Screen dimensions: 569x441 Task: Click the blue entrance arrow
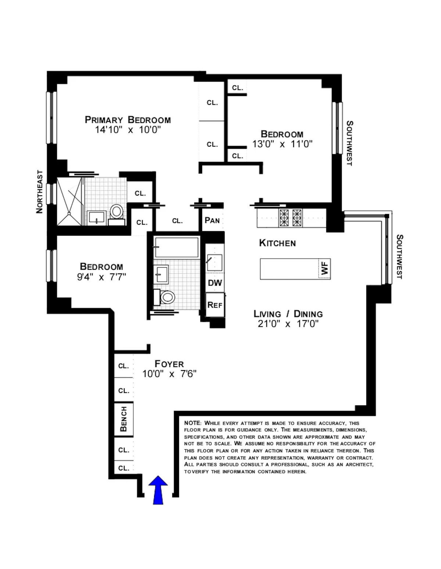[x=158, y=489]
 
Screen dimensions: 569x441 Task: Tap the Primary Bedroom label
[x=128, y=120]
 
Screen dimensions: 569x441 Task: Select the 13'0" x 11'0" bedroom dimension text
[x=282, y=144]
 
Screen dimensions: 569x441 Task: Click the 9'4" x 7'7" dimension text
[x=101, y=277]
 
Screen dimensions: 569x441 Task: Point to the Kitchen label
[x=277, y=243]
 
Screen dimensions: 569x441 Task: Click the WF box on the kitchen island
[x=324, y=269]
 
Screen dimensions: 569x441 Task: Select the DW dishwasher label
[x=215, y=283]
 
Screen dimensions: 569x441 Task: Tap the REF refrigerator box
[x=215, y=305]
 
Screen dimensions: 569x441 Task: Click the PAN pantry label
[x=212, y=221]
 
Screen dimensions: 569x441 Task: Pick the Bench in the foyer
[x=123, y=419]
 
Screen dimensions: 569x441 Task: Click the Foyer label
[x=169, y=364]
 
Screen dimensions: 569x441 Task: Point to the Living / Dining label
[x=288, y=314]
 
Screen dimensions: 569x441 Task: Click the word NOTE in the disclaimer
[x=193, y=423]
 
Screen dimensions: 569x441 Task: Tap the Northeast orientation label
[x=40, y=192]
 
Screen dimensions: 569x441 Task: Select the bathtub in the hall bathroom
[x=176, y=247]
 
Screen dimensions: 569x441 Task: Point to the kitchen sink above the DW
[x=214, y=262]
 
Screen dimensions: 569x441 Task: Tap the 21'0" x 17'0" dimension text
[x=288, y=324]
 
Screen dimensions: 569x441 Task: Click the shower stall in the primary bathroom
[x=70, y=201]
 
